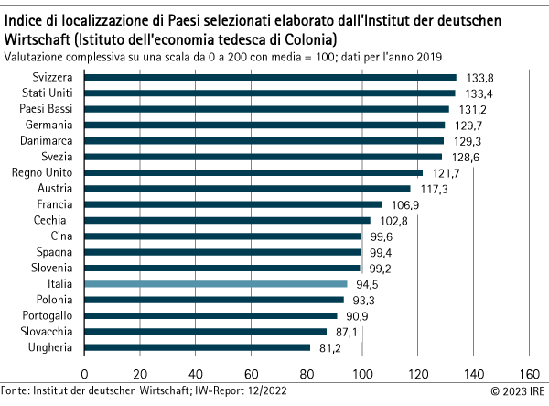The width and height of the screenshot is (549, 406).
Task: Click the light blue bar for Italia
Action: tap(216, 284)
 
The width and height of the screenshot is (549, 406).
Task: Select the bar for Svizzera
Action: tap(270, 78)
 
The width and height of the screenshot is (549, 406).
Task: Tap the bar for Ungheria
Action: tap(198, 347)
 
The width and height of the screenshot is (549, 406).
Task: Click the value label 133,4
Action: tap(477, 93)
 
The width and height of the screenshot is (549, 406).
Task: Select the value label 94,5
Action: tap(367, 284)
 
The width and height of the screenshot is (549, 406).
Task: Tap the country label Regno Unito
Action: tap(36, 172)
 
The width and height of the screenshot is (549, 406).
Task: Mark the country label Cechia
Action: tap(48, 220)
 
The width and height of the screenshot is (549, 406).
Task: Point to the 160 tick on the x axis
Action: tap(529, 373)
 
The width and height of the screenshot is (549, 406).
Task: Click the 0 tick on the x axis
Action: tap(85, 373)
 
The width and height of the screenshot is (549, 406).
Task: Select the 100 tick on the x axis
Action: tap(362, 373)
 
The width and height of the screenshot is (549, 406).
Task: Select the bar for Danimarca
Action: tap(264, 141)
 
